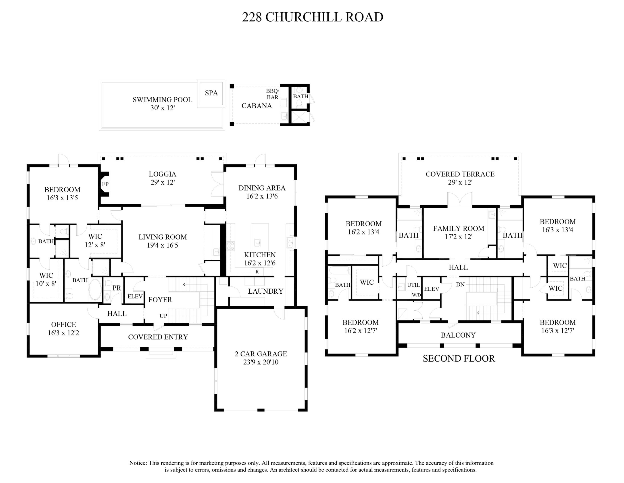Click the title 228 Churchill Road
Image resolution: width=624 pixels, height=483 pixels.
(312, 17)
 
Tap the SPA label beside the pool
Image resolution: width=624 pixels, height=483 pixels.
(211, 93)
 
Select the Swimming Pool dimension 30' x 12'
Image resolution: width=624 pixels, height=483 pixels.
(163, 108)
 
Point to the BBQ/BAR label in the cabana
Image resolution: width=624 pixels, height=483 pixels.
(272, 94)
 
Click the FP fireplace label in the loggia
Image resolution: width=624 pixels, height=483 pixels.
(105, 184)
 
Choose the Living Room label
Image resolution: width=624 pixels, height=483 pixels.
(163, 237)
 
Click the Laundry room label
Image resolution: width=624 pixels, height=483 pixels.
(265, 291)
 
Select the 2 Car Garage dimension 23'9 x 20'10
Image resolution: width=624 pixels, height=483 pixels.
(261, 362)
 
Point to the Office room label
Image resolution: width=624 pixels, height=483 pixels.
(63, 324)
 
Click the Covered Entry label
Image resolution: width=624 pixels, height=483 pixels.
(158, 337)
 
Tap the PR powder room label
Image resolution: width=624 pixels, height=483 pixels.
(117, 288)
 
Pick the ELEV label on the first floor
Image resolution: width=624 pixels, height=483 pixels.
(135, 297)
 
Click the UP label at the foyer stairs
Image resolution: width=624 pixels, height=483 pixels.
(163, 316)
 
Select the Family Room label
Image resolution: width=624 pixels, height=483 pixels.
(459, 228)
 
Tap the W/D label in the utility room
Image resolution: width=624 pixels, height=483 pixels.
(416, 295)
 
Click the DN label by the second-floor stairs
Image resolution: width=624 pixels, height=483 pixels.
(460, 285)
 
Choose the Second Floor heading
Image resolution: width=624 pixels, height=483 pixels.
(459, 358)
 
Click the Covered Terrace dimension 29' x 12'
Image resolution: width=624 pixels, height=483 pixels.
(460, 182)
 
